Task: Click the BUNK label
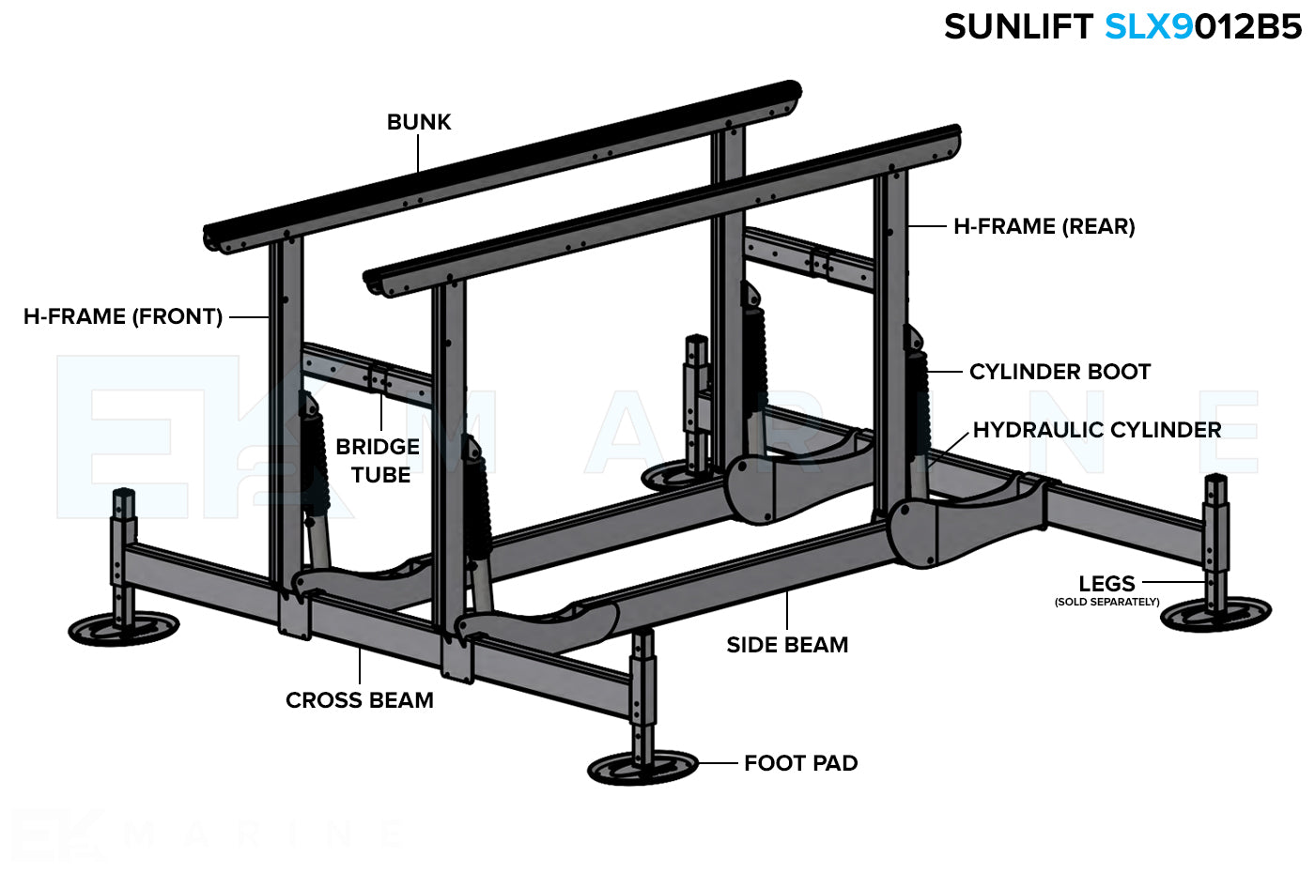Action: tap(419, 122)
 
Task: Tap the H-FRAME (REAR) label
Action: tap(1044, 226)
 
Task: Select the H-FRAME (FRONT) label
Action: tap(123, 316)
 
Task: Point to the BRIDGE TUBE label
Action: tap(378, 460)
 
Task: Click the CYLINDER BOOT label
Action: tap(1060, 372)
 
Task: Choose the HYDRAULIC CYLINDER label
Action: tap(1096, 430)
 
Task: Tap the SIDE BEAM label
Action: tap(787, 645)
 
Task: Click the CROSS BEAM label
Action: tap(360, 700)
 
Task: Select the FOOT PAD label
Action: tap(800, 763)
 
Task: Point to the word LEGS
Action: tap(1106, 583)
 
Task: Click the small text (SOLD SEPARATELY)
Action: tap(1106, 602)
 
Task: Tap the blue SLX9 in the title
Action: tap(1148, 26)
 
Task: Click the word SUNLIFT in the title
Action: tap(1018, 26)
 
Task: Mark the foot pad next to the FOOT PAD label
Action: tap(642, 768)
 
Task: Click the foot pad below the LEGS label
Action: tap(1215, 615)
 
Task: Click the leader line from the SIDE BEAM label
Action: tap(787, 611)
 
